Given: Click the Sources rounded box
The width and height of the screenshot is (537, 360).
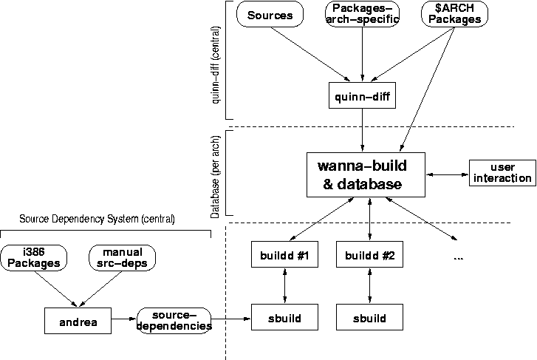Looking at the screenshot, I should pyautogui.click(x=270, y=15).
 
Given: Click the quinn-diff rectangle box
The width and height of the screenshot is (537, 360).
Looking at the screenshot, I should pyautogui.click(x=362, y=95).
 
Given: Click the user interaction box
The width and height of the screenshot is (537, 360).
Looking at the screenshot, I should pyautogui.click(x=502, y=172).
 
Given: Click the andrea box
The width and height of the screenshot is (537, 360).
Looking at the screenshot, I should pyautogui.click(x=76, y=322).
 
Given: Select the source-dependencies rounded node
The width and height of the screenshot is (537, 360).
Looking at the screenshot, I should pyautogui.click(x=174, y=320).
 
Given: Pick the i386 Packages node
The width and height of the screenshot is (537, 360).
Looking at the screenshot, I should pyautogui.click(x=32, y=257).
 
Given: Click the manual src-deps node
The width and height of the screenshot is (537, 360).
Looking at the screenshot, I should pyautogui.click(x=122, y=257).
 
